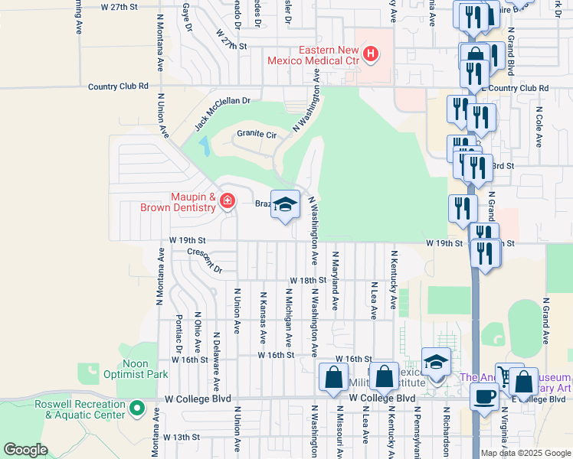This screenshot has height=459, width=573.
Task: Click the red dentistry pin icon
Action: coord(227,201)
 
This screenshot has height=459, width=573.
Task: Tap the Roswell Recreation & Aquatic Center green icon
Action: coord(138,409)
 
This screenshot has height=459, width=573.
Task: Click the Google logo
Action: coord(26,450)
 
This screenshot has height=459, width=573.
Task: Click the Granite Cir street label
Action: coord(255,134)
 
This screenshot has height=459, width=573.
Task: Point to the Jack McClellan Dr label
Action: coord(222,112)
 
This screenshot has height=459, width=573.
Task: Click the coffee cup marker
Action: coord(484,396)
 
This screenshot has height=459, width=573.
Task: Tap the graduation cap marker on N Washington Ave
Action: coord(285,205)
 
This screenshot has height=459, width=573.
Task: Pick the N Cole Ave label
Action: coord(539,126)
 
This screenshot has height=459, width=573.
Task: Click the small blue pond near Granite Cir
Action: coord(203,145)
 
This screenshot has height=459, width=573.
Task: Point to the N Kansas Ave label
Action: coord(263,316)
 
